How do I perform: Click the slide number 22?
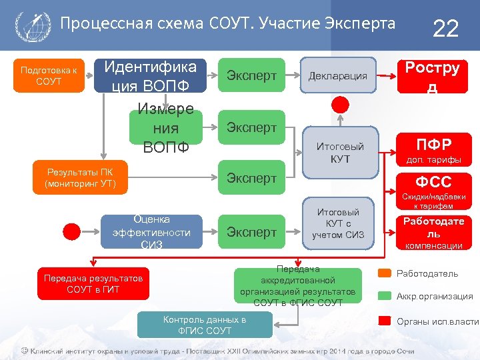[446, 28]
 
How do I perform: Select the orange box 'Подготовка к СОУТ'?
[49, 75]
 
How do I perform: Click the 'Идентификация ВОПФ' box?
[151, 76]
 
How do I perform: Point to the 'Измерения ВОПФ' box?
[165, 127]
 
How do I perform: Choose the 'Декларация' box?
[337, 75]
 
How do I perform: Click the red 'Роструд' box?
[433, 76]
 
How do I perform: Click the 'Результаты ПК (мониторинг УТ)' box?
[80, 178]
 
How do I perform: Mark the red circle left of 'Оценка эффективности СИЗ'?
[73, 232]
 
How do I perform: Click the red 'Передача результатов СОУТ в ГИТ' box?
[93, 283]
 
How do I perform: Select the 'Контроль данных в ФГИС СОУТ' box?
[205, 325]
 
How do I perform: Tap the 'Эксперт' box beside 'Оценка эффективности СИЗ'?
[251, 232]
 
